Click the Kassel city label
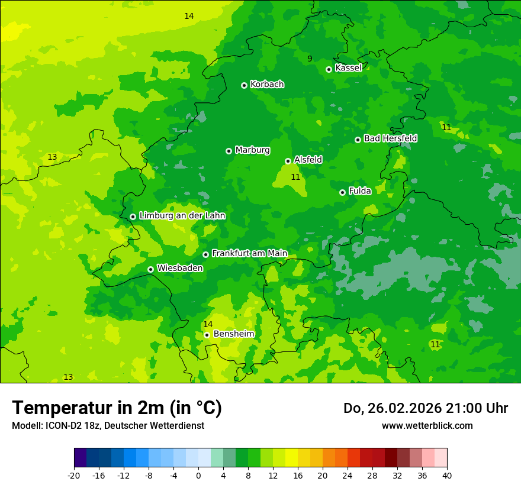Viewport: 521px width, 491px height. point(348,68)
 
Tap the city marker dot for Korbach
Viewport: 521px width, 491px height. point(244,85)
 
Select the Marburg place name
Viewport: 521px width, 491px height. point(252,150)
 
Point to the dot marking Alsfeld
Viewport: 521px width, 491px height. point(288,161)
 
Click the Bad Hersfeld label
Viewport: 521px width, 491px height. point(390,138)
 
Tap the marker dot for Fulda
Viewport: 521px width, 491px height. point(342,192)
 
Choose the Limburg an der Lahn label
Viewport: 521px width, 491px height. point(182,216)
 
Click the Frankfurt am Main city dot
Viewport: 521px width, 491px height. point(205,254)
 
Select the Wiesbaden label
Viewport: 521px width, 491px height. point(179,268)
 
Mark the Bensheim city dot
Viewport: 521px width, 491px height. point(207,335)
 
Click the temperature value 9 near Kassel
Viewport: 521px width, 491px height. point(310,59)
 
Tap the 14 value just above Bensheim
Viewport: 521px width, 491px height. point(208,324)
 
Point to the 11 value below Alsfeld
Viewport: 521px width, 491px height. point(295,177)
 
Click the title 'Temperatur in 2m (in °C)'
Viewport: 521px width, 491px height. point(117,408)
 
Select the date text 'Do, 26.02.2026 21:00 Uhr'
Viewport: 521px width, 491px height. point(426,408)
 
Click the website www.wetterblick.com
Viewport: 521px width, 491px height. point(427,426)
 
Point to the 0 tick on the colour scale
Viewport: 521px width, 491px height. point(198,475)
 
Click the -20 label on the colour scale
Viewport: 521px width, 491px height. point(74,475)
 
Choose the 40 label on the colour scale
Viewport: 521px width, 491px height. point(447,475)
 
